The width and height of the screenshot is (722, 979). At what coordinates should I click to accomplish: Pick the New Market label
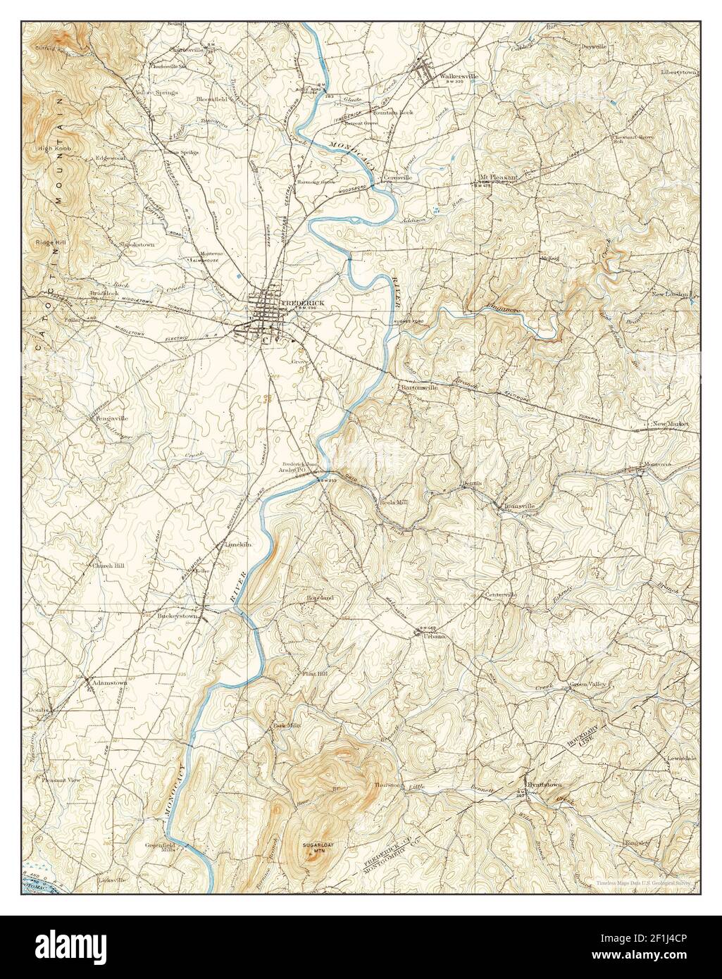tap(670, 424)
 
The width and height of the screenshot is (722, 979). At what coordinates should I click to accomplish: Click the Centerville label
tap(500, 595)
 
